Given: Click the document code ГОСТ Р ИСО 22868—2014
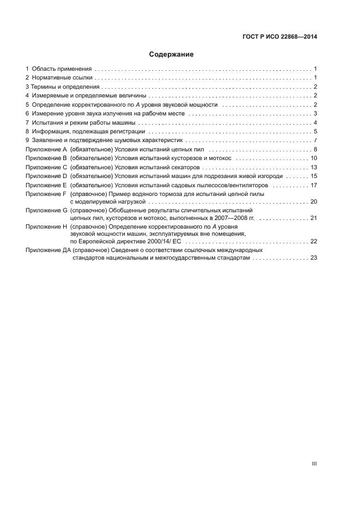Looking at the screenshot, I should click(279, 38).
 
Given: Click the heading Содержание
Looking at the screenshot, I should click(171, 54).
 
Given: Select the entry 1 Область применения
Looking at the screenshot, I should click(59, 69).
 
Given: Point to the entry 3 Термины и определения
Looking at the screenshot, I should click(63, 87).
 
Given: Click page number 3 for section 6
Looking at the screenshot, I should click(315, 113).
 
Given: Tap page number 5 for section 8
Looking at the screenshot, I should click(315, 131).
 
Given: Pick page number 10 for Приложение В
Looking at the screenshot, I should click(314, 158).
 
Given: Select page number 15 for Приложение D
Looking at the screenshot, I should click(314, 176).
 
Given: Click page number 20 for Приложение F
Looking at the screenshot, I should click(314, 201).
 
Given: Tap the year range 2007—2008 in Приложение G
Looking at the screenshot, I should click(225, 218).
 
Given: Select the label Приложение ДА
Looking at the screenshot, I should click(48, 250).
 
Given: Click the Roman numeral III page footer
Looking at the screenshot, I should click(314, 464).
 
